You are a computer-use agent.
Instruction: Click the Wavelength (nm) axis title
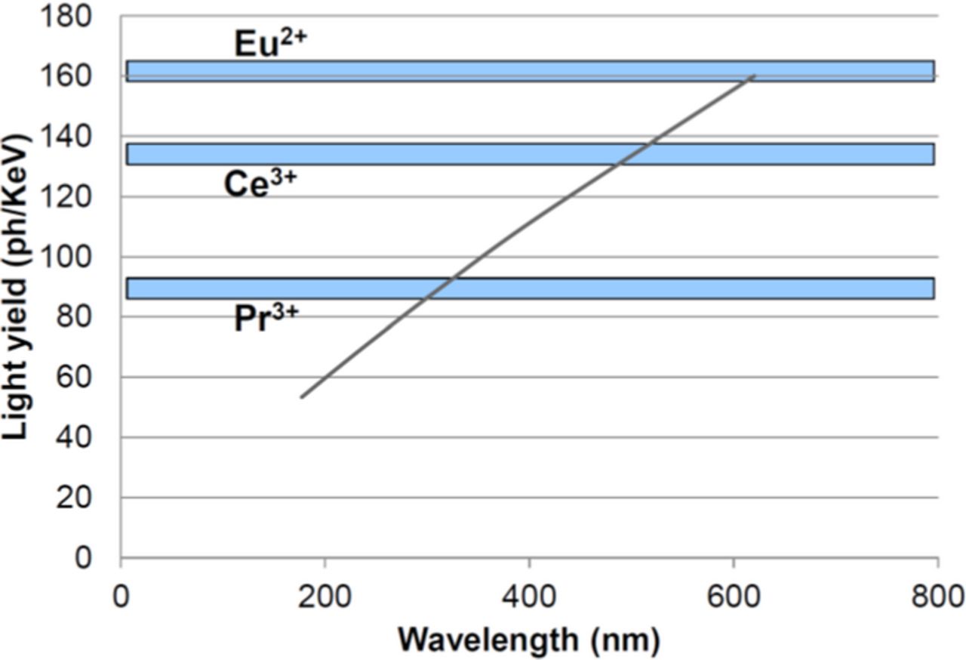pos(529,640)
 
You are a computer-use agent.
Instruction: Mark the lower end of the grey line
pos(301,397)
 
